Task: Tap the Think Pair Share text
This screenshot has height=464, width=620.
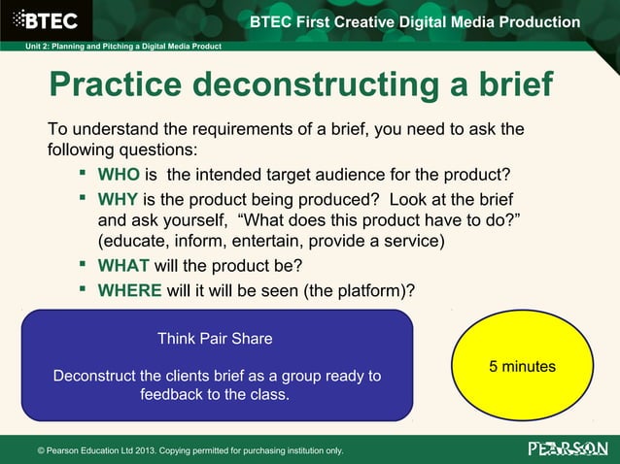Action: (215, 339)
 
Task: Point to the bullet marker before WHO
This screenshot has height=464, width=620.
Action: (85, 174)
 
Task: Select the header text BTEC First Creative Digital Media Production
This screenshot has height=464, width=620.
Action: (415, 22)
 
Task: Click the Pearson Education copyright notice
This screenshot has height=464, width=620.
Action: (189, 450)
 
